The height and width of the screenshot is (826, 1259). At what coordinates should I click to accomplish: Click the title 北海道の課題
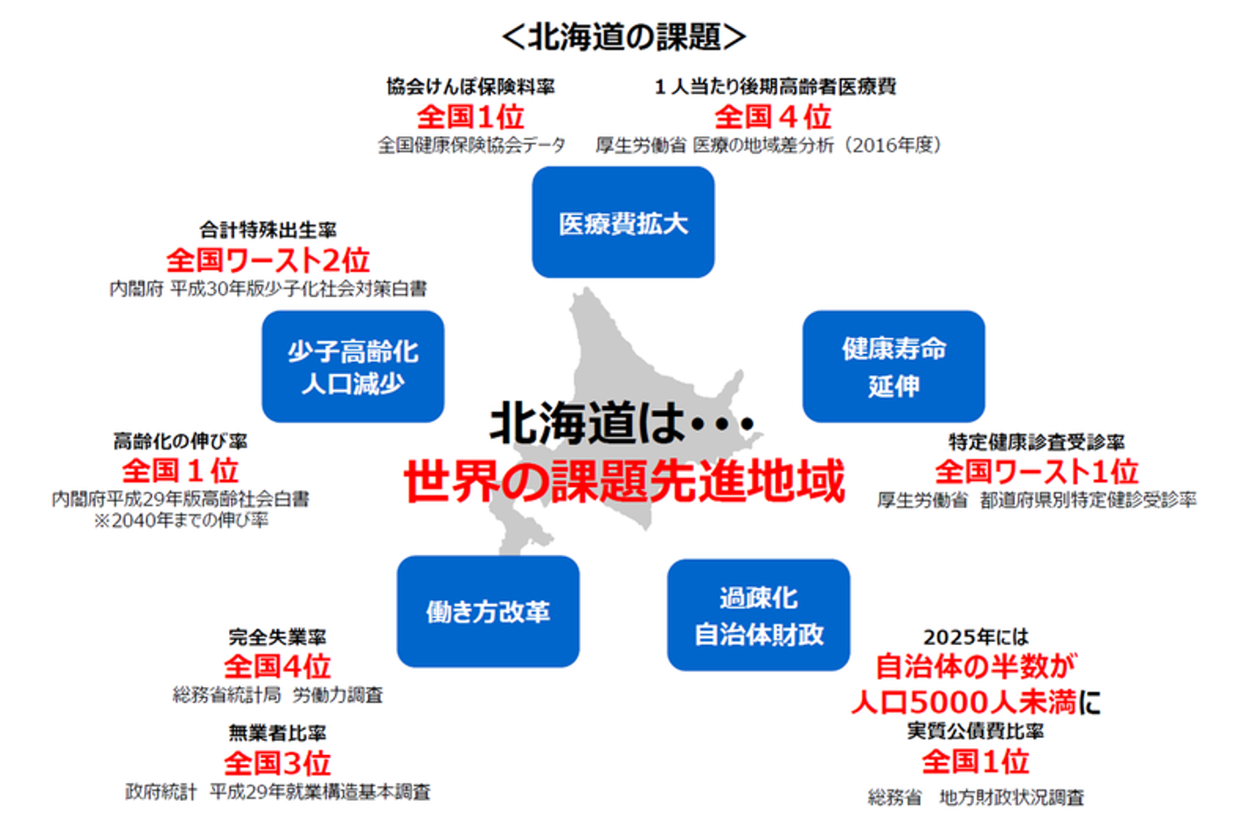point(623,37)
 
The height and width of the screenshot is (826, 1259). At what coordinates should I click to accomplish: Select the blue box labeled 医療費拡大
point(623,223)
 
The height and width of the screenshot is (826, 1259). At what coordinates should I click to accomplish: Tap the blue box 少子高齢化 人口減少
point(352,367)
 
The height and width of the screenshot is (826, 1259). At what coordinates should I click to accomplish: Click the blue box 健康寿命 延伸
point(893,367)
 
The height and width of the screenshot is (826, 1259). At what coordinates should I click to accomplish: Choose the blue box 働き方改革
point(487,612)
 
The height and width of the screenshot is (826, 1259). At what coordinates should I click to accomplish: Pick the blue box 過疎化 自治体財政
point(758,615)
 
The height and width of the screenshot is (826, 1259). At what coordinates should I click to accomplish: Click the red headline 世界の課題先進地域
point(623,482)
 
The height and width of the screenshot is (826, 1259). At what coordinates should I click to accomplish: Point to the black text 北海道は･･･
point(622,423)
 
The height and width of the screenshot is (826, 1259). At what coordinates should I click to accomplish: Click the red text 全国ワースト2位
point(268,260)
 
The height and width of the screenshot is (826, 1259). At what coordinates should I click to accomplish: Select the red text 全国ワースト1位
point(1036,471)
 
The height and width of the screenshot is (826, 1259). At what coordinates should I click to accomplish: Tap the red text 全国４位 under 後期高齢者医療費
point(773,116)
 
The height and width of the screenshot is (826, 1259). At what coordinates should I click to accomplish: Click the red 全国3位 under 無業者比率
point(277,763)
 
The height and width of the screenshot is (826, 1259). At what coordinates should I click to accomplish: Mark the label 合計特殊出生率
point(268,230)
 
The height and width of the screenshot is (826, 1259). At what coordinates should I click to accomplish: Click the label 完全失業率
point(277,637)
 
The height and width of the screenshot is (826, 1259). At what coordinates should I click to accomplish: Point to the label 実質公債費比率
point(975,731)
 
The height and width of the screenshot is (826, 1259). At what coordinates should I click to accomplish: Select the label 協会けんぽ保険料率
point(470,87)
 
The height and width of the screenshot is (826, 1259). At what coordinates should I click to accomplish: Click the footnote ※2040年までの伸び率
point(181,521)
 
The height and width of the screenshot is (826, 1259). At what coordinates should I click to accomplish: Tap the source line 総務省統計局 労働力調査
point(277,696)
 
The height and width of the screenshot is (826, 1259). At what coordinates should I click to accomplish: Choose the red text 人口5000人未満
point(963,702)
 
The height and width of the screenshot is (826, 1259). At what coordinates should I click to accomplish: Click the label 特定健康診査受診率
point(1036,442)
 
